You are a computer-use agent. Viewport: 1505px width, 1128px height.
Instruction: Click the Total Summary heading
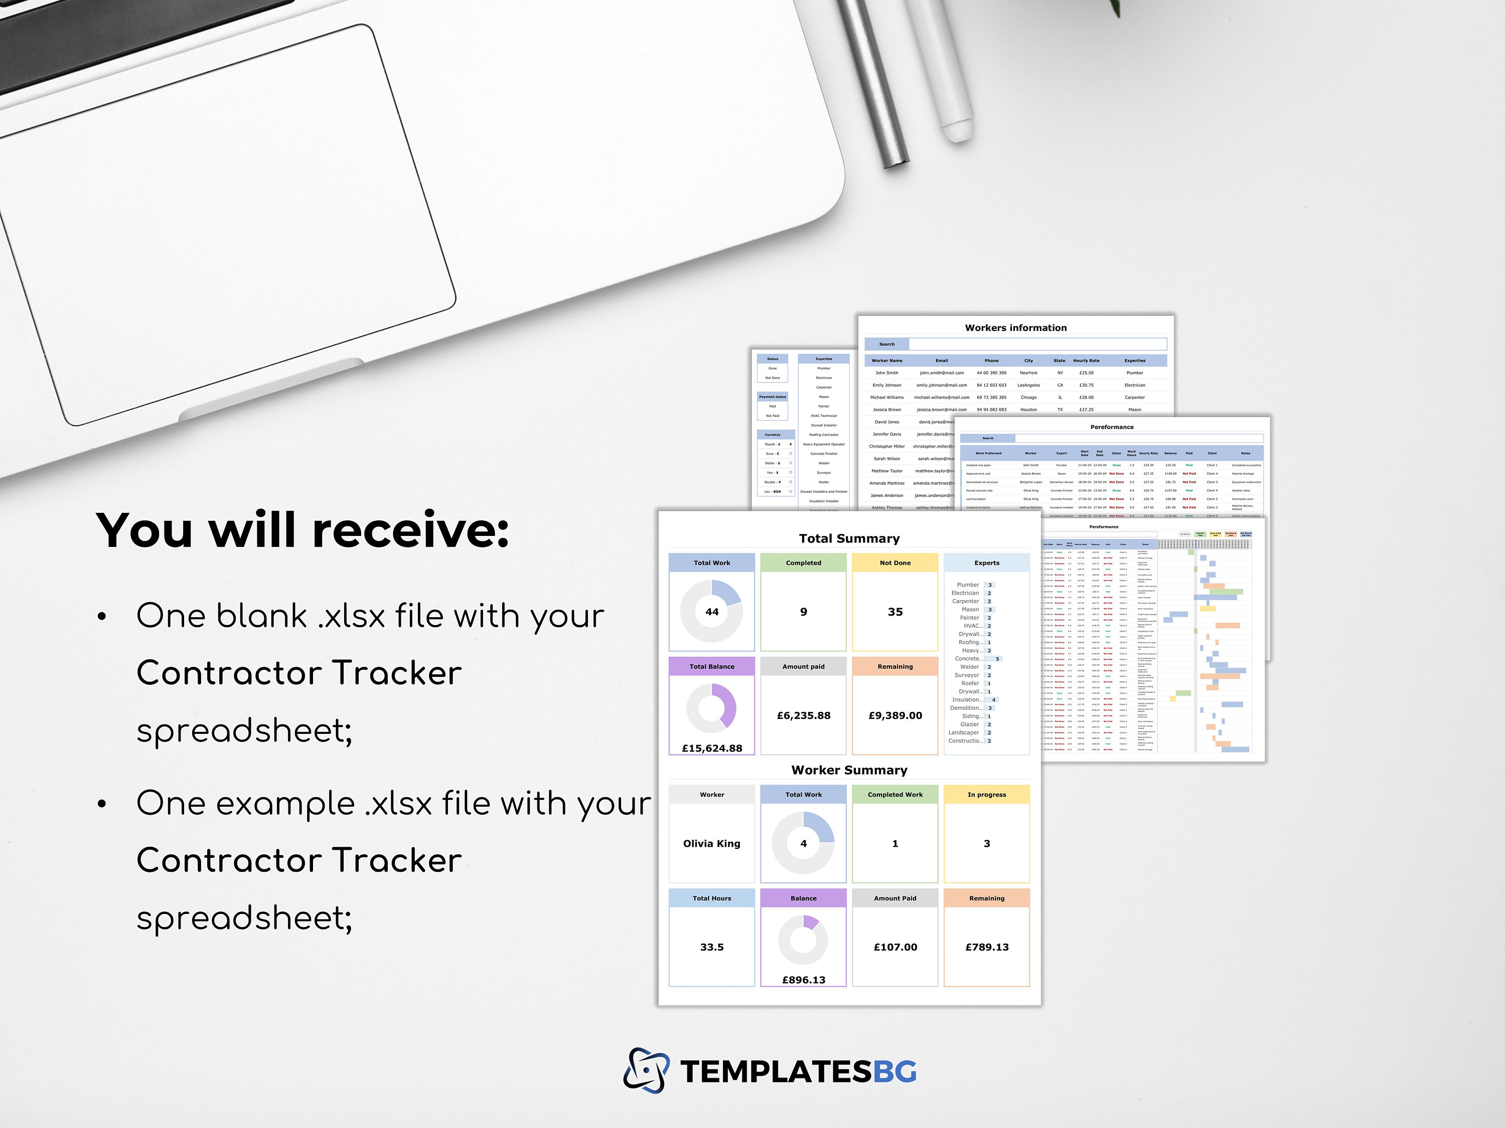pos(849,538)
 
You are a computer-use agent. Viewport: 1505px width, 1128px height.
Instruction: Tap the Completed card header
pos(804,563)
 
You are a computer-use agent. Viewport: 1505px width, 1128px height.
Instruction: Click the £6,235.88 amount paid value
pos(804,715)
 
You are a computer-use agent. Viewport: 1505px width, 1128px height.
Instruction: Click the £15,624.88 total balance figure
pos(712,748)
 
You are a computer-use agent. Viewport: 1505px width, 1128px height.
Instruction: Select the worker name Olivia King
pos(712,843)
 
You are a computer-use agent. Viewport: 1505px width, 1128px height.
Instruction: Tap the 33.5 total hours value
pos(712,947)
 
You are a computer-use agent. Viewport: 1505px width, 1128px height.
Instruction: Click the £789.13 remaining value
pos(987,947)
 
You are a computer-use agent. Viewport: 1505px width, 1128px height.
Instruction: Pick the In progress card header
pos(987,794)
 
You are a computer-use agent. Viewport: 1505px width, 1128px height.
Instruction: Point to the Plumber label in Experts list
pos(968,585)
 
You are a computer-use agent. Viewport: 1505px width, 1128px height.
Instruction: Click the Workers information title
pos(1016,328)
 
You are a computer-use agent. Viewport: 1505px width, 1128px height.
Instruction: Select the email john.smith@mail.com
pos(942,372)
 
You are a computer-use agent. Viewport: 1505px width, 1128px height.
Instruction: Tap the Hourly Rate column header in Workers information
pos(1086,360)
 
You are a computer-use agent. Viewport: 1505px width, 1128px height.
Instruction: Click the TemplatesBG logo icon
pos(645,1071)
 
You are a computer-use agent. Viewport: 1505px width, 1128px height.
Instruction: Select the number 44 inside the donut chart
pos(712,612)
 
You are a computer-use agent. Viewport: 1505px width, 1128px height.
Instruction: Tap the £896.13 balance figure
pos(804,980)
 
